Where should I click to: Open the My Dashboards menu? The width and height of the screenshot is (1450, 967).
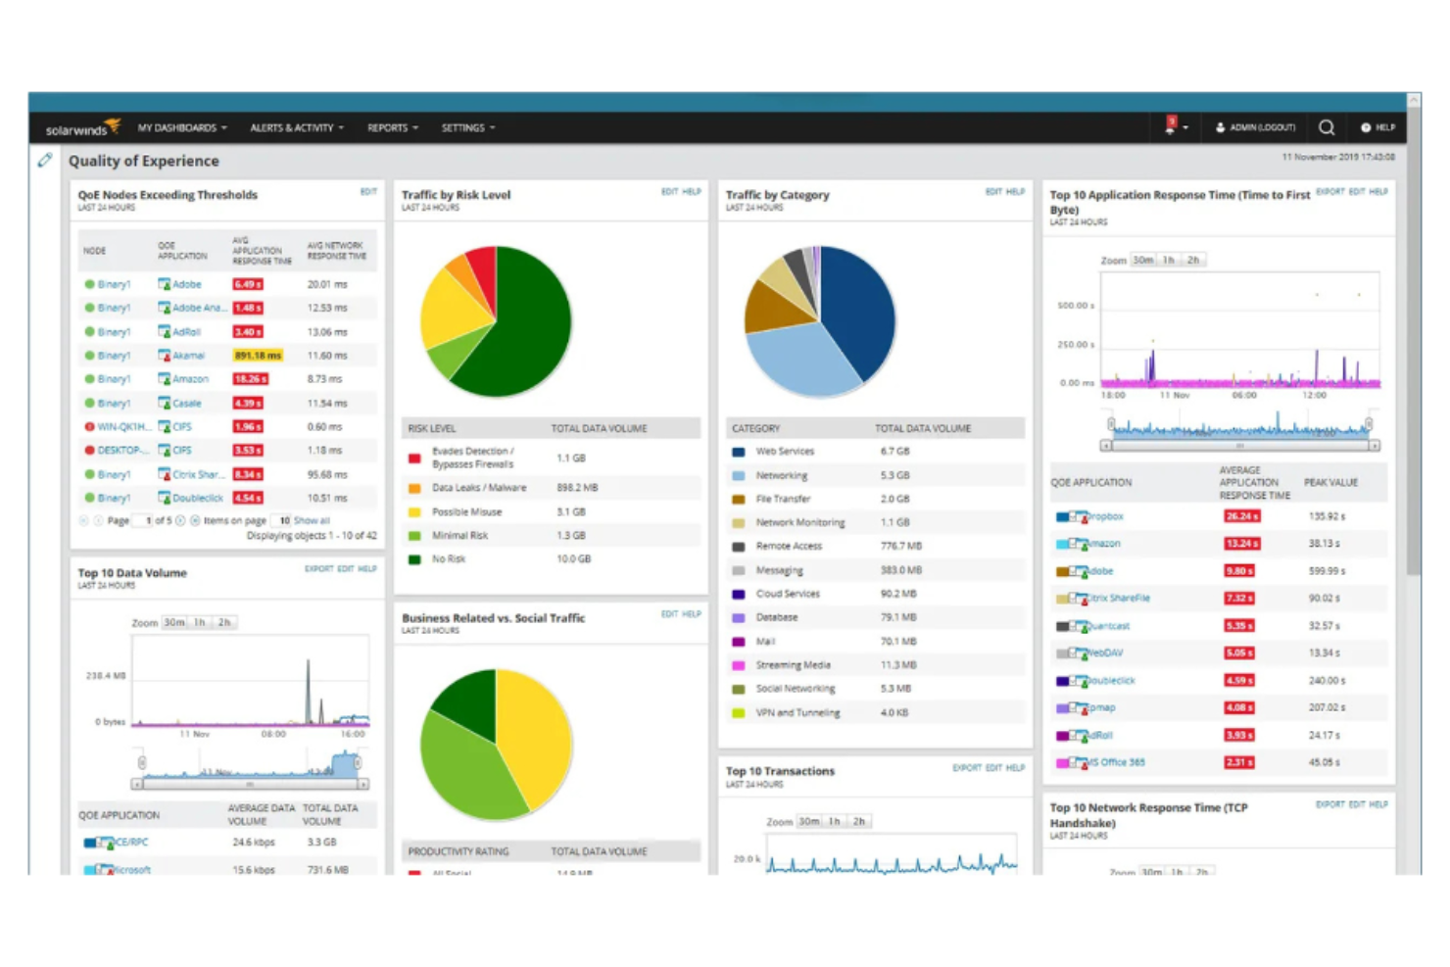tap(181, 127)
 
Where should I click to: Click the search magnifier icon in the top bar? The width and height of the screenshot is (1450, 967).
tap(1327, 127)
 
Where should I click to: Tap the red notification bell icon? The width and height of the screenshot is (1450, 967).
tap(1171, 125)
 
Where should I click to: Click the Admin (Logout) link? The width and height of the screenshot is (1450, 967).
tap(1256, 127)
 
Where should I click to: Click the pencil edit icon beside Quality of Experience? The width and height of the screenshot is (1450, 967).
tap(45, 160)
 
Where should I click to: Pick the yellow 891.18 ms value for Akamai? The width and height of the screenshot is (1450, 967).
tap(258, 356)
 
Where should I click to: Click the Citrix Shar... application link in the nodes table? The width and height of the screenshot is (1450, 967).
tap(198, 474)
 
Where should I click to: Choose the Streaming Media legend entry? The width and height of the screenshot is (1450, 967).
tap(793, 665)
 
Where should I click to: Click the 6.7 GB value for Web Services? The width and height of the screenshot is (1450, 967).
tap(894, 452)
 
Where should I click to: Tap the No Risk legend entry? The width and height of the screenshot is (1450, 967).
tap(449, 559)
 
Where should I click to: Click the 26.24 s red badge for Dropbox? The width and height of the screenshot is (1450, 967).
tap(1241, 516)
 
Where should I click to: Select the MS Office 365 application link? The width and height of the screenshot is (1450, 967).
tap(1115, 762)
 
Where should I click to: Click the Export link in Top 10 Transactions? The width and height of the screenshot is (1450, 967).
tap(966, 768)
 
